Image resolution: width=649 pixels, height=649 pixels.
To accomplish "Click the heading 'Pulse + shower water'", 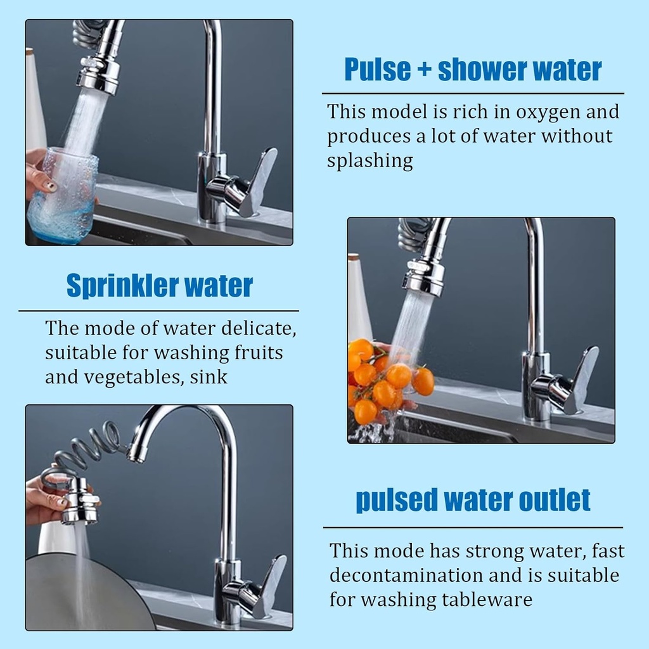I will pyautogui.click(x=473, y=70).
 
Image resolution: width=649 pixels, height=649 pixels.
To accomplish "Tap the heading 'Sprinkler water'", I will pyautogui.click(x=159, y=286).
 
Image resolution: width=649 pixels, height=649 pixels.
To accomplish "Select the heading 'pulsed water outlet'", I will pyautogui.click(x=473, y=500).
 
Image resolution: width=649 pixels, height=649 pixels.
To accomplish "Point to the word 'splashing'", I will pyautogui.click(x=369, y=161).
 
